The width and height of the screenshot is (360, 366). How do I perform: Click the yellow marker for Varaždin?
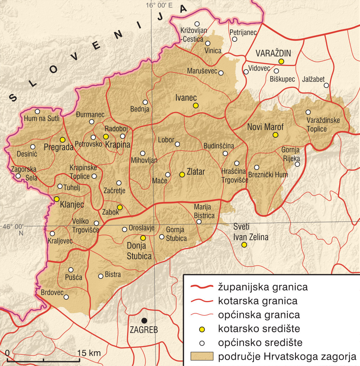[x=281, y=61]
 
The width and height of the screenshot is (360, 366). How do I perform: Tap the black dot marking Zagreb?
[x=144, y=320]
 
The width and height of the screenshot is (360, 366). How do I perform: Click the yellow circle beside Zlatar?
[x=182, y=174]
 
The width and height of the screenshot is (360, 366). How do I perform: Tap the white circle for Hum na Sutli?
[x=38, y=111]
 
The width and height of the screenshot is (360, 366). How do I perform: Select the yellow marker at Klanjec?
[x=57, y=199]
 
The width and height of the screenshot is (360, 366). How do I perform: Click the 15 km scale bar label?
[x=89, y=353]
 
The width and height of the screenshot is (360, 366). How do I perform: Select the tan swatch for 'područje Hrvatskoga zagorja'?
[x=202, y=357]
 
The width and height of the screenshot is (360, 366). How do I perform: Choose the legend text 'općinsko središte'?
[x=260, y=342]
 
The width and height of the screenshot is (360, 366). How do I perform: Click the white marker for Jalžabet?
[x=326, y=85]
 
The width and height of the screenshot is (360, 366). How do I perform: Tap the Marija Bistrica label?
[x=204, y=211]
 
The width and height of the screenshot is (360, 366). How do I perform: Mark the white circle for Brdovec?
[x=66, y=297]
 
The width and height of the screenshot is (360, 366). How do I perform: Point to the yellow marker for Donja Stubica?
[x=143, y=237]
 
